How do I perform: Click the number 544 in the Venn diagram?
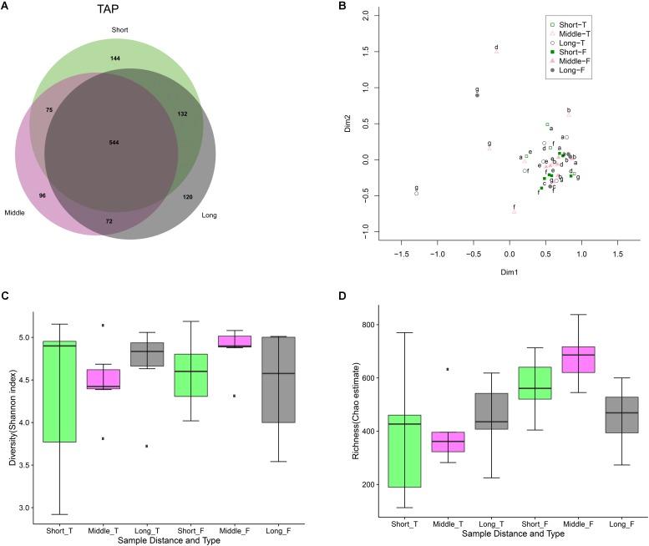[114, 143]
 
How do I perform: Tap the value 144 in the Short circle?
[115, 58]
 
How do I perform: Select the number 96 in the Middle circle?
[41, 195]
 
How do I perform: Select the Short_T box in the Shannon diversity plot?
[60, 392]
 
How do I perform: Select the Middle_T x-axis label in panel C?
[106, 528]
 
